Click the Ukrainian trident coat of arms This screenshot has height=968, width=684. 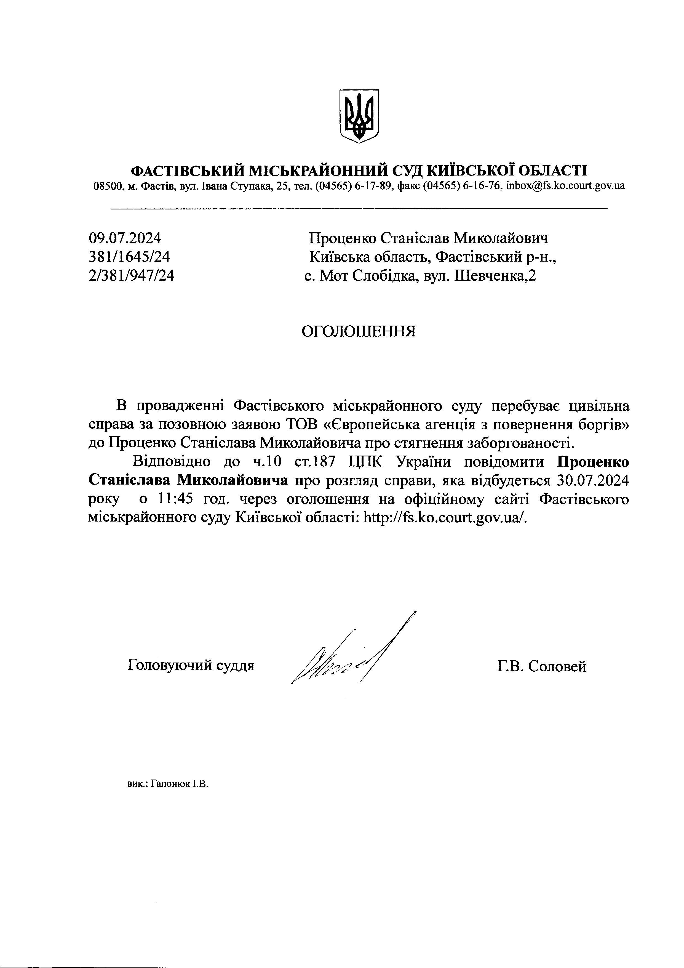(359, 116)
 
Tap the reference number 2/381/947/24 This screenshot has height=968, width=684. (132, 276)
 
